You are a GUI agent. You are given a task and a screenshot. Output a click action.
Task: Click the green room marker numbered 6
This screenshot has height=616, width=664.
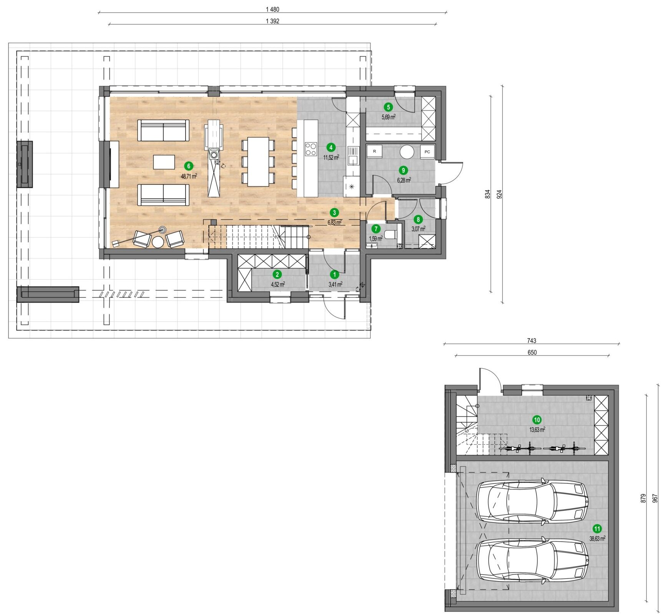click(x=188, y=166)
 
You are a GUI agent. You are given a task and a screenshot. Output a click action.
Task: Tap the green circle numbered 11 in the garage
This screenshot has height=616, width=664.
click(x=597, y=529)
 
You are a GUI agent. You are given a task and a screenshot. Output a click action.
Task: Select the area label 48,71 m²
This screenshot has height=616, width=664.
click(x=189, y=177)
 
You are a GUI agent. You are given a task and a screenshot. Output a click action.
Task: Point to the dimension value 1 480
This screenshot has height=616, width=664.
click(x=272, y=9)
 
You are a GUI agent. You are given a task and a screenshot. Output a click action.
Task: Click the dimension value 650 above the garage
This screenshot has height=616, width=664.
click(x=532, y=353)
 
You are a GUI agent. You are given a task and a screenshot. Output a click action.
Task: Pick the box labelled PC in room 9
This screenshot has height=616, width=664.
click(x=427, y=152)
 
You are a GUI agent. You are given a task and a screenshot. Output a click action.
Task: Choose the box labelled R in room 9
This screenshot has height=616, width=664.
click(x=375, y=151)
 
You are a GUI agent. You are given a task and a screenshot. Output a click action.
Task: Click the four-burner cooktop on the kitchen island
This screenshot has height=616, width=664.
click(x=311, y=149)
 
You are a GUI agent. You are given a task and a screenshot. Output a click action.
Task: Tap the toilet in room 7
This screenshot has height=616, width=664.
click(x=390, y=234)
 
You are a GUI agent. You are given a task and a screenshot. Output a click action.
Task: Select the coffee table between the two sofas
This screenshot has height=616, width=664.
click(x=164, y=162)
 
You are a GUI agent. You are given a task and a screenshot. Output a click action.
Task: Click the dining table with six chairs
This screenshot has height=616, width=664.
click(x=258, y=161)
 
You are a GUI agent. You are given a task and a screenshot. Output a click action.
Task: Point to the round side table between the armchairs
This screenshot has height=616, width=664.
click(x=158, y=242)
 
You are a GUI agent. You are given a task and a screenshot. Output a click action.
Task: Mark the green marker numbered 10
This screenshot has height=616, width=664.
click(x=537, y=420)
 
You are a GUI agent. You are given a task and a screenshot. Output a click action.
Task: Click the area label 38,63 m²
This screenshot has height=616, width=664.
click(x=597, y=539)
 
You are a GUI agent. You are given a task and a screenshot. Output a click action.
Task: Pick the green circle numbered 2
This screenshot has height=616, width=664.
click(x=277, y=274)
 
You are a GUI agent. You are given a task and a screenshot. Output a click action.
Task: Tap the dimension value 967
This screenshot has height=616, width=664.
click(x=655, y=498)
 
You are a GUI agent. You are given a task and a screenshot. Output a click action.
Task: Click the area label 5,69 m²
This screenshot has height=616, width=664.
click(x=388, y=117)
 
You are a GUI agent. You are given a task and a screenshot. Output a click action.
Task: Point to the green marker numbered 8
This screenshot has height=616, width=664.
click(x=418, y=219)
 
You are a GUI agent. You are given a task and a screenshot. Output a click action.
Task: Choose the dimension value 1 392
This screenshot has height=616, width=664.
click(x=272, y=21)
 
